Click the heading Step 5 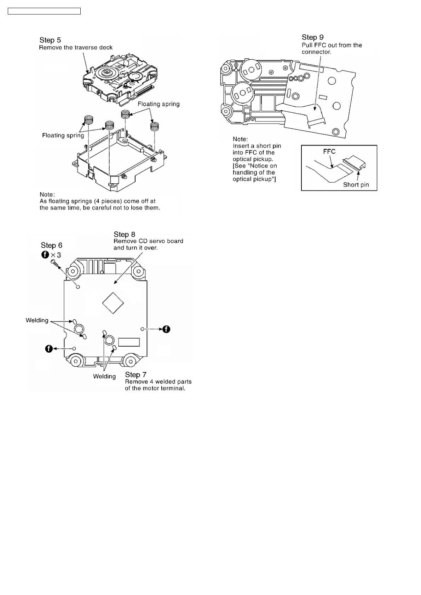click(x=50, y=40)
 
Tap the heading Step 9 click(x=312, y=37)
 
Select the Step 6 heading click(x=51, y=246)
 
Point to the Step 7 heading click(x=135, y=375)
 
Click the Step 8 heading click(x=124, y=235)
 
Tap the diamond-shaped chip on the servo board click(x=113, y=303)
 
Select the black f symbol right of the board click(x=166, y=329)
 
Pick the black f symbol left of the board click(x=49, y=349)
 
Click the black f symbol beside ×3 click(x=45, y=254)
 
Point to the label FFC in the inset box click(x=329, y=152)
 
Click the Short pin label click(x=356, y=185)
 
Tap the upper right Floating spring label click(x=158, y=104)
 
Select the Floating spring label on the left click(x=63, y=136)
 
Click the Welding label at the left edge click(x=37, y=320)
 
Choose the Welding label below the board click(x=104, y=377)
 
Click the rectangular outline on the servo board click(x=129, y=342)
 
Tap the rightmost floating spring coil click(x=154, y=125)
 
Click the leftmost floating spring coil click(x=88, y=120)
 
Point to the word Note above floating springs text click(x=47, y=195)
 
